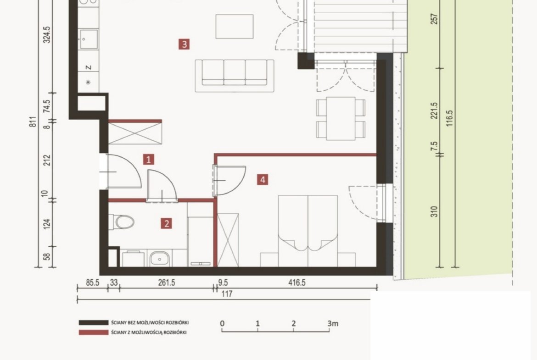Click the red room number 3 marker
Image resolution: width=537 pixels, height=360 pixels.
click(184, 44)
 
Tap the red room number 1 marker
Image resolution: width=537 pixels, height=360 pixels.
click(148, 160)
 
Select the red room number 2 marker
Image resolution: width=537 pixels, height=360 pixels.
click(167, 224)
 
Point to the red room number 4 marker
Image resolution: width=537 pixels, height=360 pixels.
click(263, 180)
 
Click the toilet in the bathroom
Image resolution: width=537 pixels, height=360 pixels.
click(122, 222)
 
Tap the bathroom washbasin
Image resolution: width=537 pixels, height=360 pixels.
click(160, 259)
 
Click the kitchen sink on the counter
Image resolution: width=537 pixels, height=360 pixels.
click(89, 39)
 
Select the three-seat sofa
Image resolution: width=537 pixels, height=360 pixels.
click(235, 76)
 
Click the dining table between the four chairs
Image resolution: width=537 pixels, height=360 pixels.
click(341, 118)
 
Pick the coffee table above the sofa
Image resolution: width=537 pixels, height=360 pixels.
click(235, 26)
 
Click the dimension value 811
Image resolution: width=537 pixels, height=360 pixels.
click(33, 122)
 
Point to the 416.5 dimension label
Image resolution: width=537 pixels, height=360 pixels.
click(297, 282)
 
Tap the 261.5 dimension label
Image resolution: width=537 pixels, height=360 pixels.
click(167, 282)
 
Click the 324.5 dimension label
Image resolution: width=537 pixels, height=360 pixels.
click(46, 35)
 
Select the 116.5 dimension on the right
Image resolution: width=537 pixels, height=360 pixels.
click(450, 118)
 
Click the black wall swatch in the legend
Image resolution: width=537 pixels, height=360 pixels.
click(94, 322)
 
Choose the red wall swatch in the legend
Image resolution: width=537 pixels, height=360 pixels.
click(94, 332)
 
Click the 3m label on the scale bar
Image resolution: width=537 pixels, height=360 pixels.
click(333, 323)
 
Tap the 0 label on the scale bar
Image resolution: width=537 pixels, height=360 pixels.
click(222, 323)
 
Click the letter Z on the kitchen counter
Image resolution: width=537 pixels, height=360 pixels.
click(89, 67)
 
